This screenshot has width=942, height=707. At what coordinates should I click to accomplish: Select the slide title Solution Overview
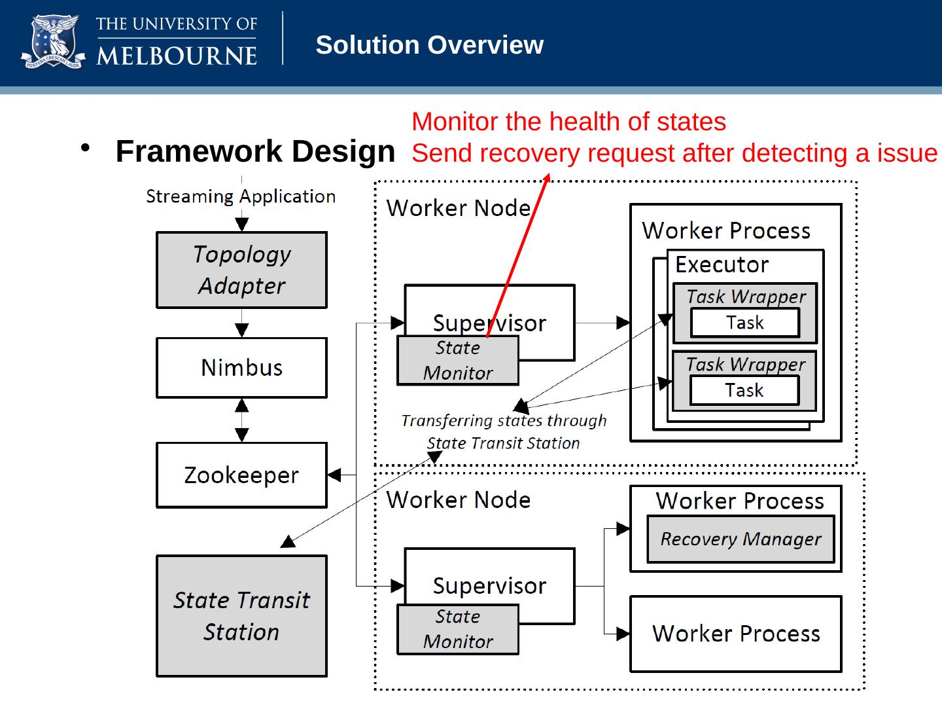(x=429, y=45)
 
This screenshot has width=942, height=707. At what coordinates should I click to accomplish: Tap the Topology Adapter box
(x=241, y=270)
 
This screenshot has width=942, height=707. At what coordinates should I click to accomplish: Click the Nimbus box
(x=241, y=367)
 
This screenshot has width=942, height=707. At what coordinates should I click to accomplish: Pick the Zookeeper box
(x=241, y=475)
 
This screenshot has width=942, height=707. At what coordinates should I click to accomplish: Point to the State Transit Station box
(x=241, y=616)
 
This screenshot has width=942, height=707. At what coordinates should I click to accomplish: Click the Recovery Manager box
(x=741, y=539)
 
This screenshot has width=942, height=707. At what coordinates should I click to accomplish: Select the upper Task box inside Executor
(x=745, y=323)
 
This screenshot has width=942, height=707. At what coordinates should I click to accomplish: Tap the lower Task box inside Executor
(x=744, y=391)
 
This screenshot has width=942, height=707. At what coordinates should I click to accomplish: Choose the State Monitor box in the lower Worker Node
(x=458, y=630)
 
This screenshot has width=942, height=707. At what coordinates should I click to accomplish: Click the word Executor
(x=722, y=264)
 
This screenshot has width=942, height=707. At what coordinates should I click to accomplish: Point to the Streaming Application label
(x=241, y=196)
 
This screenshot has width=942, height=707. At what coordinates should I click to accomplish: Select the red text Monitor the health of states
(x=568, y=122)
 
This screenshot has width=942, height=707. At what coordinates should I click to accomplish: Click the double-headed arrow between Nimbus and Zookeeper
(x=242, y=420)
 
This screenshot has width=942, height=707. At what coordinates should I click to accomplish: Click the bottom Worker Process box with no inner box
(x=736, y=634)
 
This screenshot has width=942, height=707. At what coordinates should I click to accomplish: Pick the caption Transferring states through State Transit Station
(x=504, y=431)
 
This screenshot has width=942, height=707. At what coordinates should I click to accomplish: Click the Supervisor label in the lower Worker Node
(x=489, y=585)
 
